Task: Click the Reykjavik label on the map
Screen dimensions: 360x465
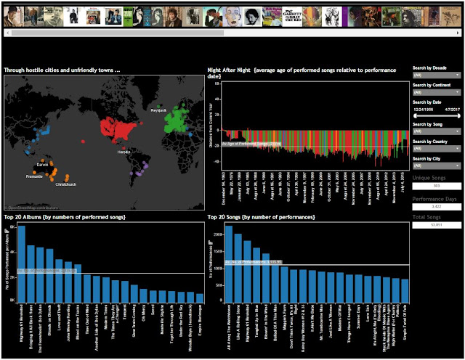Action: coord(160,110)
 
